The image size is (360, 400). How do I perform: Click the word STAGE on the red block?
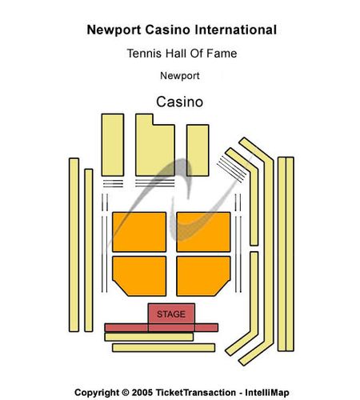point(171,314)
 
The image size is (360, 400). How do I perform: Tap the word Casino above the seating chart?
point(180,102)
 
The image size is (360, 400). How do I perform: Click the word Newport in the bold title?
point(114,30)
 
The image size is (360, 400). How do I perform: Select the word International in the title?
point(235,30)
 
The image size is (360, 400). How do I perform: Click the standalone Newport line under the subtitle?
point(180,76)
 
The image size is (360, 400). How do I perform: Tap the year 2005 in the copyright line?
point(142,393)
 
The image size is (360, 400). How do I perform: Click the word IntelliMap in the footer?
point(267,393)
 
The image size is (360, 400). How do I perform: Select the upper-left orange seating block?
point(139,232)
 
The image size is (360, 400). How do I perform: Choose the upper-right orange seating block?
point(203,232)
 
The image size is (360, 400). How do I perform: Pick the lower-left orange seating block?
point(139,276)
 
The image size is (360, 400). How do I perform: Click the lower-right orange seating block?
point(203,276)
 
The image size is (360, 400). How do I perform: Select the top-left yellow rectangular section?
point(113,145)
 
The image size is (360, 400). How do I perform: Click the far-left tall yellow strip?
point(74,245)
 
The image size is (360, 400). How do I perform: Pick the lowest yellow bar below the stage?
point(164,348)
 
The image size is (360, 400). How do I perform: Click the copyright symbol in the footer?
point(125,393)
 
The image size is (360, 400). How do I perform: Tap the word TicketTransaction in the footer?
point(196,393)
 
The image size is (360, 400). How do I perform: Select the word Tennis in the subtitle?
point(144,54)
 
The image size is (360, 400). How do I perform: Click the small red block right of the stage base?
point(206,327)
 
